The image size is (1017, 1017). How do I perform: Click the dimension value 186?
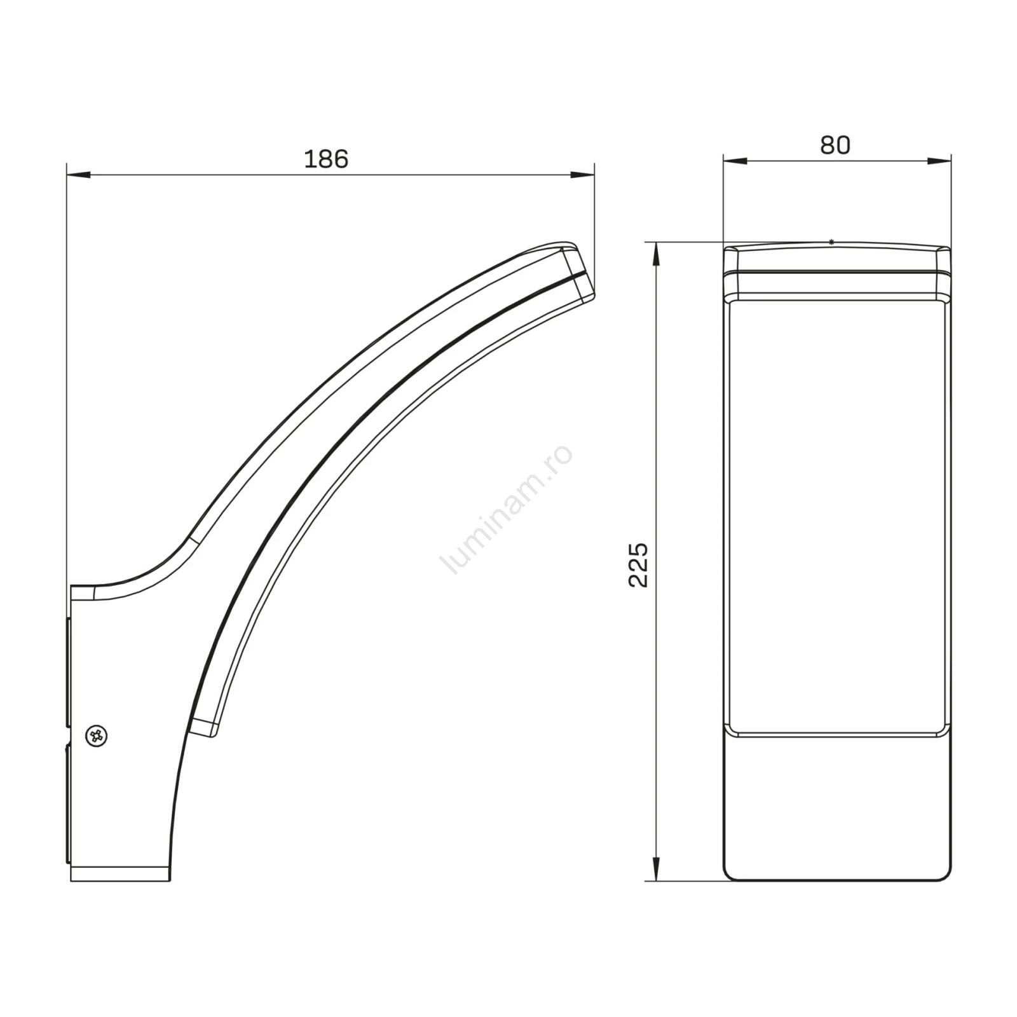point(326,159)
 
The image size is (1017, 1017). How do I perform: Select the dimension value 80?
point(835,146)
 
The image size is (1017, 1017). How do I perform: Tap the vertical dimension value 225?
point(638,564)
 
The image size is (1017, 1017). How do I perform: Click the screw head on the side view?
point(97,736)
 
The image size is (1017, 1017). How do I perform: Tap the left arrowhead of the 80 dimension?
point(735,161)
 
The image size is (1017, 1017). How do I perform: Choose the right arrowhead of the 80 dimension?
point(939,161)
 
